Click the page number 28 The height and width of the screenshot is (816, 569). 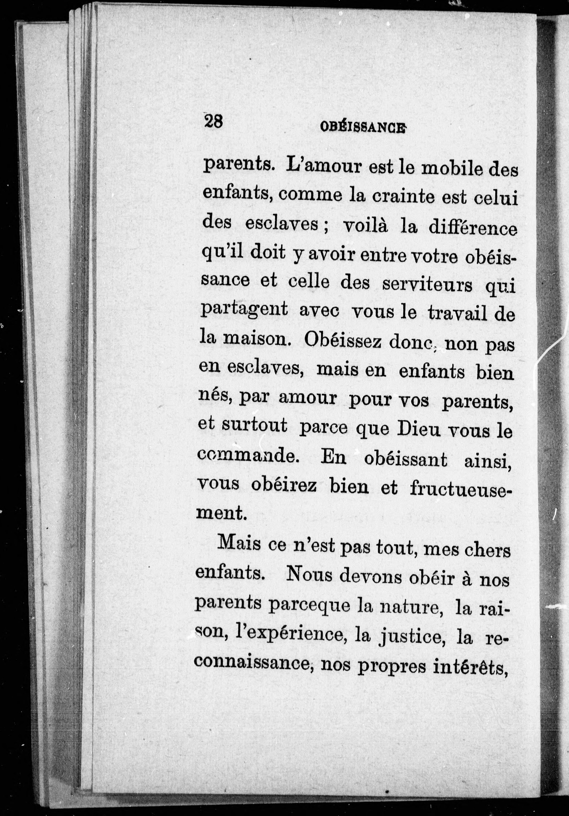(213, 122)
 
